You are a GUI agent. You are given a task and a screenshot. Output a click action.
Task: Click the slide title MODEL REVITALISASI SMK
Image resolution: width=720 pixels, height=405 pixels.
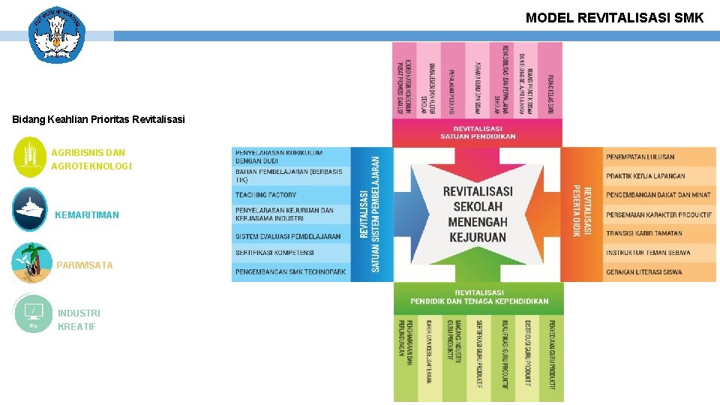[614, 17]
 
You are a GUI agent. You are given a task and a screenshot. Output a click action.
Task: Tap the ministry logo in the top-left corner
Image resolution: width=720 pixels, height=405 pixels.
[57, 34]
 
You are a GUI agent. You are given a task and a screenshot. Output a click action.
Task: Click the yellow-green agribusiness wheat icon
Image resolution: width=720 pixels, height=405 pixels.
[30, 157]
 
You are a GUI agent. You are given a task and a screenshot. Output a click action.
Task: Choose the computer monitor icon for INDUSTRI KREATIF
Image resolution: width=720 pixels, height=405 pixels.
[33, 313]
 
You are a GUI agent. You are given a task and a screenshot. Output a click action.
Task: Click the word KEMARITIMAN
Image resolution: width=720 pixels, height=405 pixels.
[86, 215]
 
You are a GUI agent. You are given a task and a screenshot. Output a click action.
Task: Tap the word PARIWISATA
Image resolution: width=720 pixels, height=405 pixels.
[84, 265]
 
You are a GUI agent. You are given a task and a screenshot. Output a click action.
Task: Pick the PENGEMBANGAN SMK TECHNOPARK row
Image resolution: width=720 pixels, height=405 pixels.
[290, 271]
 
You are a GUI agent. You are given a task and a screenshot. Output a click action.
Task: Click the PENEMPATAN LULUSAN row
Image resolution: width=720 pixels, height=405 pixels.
[640, 157]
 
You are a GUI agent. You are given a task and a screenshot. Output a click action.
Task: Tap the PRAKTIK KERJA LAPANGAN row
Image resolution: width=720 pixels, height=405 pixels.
[645, 176]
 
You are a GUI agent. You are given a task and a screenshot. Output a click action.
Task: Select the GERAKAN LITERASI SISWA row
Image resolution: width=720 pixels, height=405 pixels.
[643, 271]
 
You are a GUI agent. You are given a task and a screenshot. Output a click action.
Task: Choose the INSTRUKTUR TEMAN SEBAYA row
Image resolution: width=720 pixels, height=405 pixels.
[648, 253]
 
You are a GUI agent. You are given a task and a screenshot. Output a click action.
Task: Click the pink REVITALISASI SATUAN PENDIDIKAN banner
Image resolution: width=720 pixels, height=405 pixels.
[477, 133]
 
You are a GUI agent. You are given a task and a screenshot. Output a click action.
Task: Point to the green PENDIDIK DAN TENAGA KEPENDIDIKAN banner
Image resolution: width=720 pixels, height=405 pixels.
[478, 297]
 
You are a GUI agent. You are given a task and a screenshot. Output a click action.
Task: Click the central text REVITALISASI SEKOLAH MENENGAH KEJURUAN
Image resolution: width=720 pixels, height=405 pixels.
[477, 214]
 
